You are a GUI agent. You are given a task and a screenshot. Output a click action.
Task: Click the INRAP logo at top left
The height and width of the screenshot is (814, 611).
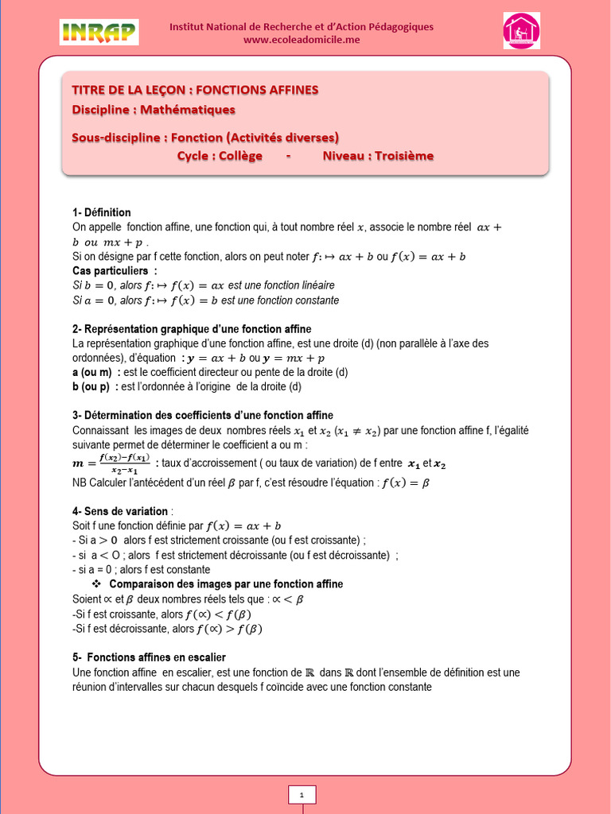coord(99,32)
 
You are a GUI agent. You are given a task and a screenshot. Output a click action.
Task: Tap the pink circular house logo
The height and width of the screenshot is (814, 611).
coord(521,31)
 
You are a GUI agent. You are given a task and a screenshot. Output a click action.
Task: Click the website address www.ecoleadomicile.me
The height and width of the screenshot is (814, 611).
coord(302,40)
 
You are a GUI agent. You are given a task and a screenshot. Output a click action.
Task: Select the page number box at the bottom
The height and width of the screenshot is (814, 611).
coord(302,795)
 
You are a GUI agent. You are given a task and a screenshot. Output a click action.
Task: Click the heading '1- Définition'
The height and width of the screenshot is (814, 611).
coord(101,212)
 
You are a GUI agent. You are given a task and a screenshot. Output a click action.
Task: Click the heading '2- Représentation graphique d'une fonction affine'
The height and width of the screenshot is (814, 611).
coord(192,328)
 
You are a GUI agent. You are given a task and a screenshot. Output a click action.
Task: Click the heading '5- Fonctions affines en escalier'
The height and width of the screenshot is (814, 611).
coord(149,657)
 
